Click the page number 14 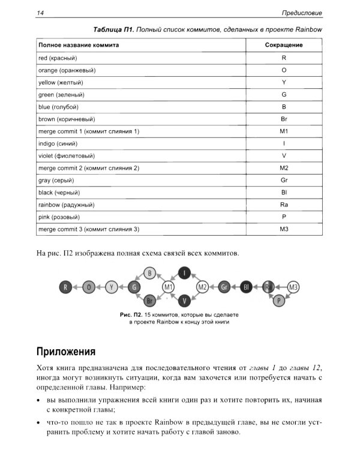coord(40,13)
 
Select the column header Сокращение coord(284,45)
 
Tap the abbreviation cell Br coord(284,119)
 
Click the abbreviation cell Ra coord(284,205)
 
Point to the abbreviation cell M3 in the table coord(284,229)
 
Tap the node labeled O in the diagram coord(89,287)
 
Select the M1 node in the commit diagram coord(169,287)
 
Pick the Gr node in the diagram coord(224,287)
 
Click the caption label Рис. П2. coord(133,314)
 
